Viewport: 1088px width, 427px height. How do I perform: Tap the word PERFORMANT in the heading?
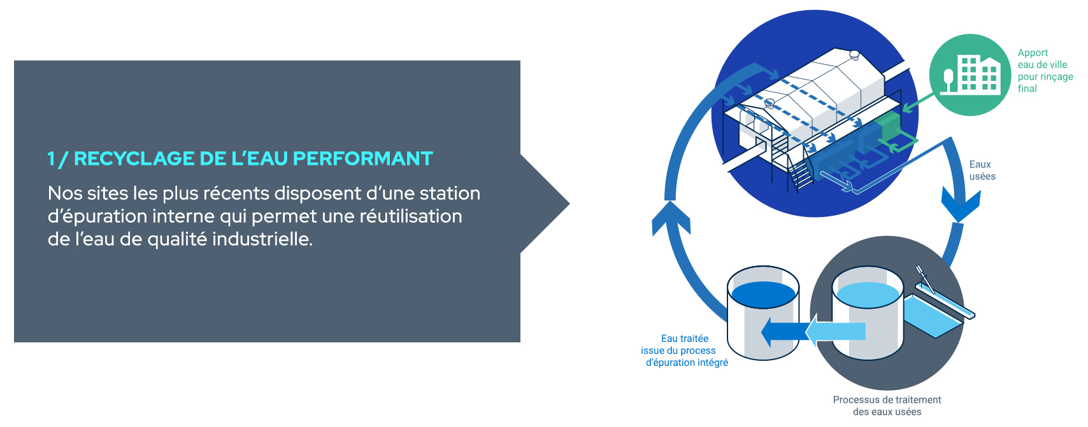(x=363, y=158)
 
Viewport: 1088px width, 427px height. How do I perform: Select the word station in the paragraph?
(x=450, y=193)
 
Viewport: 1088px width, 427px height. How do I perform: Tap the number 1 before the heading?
(x=51, y=158)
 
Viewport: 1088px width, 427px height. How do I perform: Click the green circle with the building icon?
(x=970, y=74)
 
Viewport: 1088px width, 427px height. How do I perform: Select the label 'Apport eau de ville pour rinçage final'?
(x=1045, y=71)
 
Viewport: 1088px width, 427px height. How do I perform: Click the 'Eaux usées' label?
(x=982, y=171)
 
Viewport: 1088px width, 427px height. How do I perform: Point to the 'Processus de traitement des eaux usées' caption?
(x=887, y=405)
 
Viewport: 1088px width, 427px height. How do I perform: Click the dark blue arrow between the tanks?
(x=784, y=332)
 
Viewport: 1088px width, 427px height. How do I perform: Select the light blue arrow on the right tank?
(x=836, y=332)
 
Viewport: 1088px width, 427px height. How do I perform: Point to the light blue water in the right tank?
(x=868, y=295)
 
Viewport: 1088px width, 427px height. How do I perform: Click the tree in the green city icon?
(x=948, y=81)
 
